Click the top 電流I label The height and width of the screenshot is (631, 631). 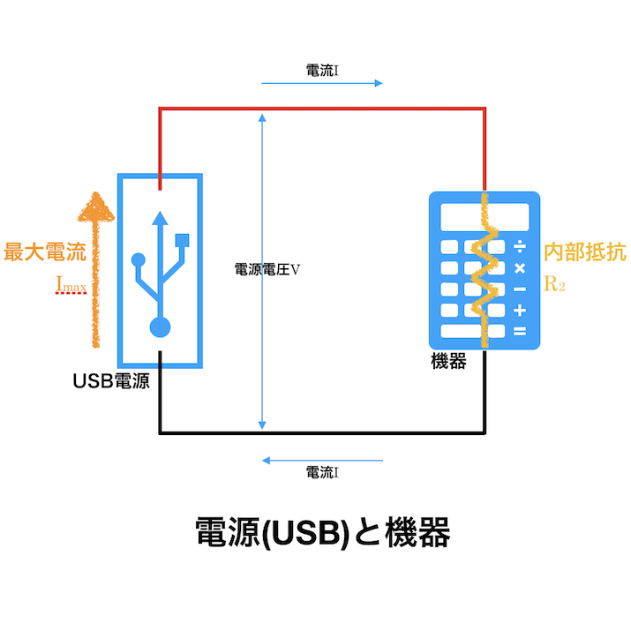tap(322, 71)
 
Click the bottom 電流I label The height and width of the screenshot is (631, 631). tap(322, 473)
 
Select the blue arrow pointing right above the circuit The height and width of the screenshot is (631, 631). tap(322, 84)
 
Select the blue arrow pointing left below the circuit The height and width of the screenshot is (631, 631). tap(322, 460)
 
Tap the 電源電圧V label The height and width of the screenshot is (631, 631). tap(267, 270)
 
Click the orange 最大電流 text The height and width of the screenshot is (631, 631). tap(45, 251)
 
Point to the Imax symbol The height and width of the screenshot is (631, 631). tap(71, 286)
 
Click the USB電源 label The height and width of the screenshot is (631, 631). tap(111, 382)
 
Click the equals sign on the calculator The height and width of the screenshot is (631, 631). tap(520, 332)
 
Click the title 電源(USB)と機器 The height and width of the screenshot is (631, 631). tap(323, 533)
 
